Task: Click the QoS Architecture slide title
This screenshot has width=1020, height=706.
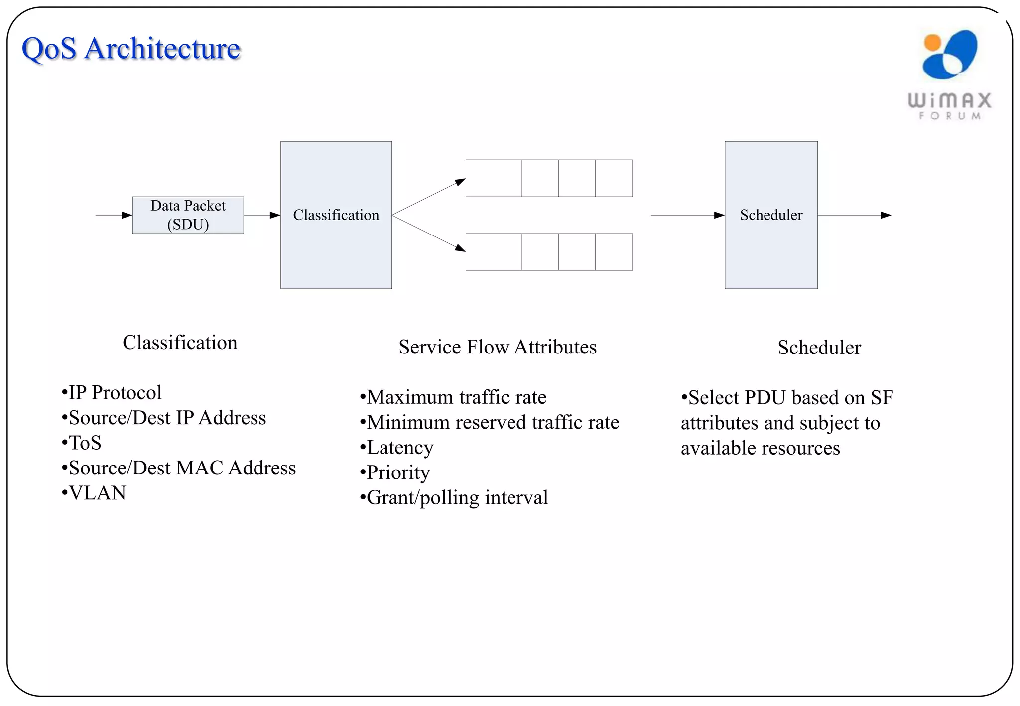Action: (x=131, y=49)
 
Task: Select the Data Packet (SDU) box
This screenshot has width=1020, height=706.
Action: (x=188, y=215)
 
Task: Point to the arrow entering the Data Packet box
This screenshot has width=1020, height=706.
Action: (x=114, y=215)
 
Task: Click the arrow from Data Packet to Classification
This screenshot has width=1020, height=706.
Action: (x=262, y=215)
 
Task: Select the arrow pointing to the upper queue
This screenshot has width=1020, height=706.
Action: (x=429, y=197)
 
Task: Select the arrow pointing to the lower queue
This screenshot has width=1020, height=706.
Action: (x=429, y=234)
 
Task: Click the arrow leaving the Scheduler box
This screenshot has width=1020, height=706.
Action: (x=854, y=215)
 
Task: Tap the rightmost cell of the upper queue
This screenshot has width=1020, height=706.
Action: (x=614, y=178)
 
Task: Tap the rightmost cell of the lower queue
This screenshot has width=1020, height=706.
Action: (x=614, y=252)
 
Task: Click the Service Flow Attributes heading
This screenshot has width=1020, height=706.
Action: (x=498, y=347)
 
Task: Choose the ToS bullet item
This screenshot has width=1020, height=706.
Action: (x=82, y=443)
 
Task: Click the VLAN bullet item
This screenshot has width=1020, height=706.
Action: (x=94, y=493)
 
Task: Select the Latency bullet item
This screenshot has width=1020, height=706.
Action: (x=397, y=448)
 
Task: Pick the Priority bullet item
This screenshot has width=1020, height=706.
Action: (x=395, y=472)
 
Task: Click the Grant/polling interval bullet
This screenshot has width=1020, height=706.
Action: (x=454, y=498)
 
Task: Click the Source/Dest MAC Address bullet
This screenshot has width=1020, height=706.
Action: (x=179, y=468)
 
